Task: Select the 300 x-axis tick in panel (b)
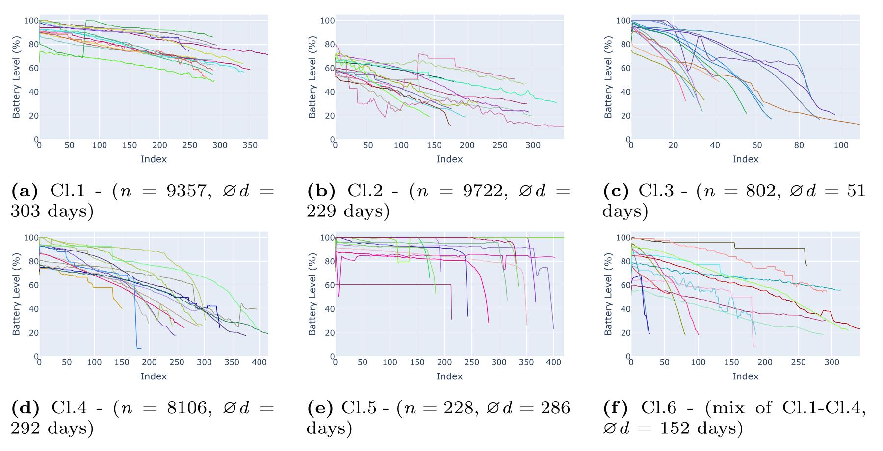tap(533, 145)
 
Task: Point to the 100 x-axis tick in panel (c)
tap(841, 145)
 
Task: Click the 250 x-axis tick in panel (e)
tap(471, 362)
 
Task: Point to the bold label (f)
tap(615, 408)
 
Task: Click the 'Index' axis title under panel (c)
tap(745, 159)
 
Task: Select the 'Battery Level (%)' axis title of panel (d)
tap(16, 294)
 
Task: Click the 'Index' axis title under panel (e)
tap(449, 376)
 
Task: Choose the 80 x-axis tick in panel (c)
tap(799, 145)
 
